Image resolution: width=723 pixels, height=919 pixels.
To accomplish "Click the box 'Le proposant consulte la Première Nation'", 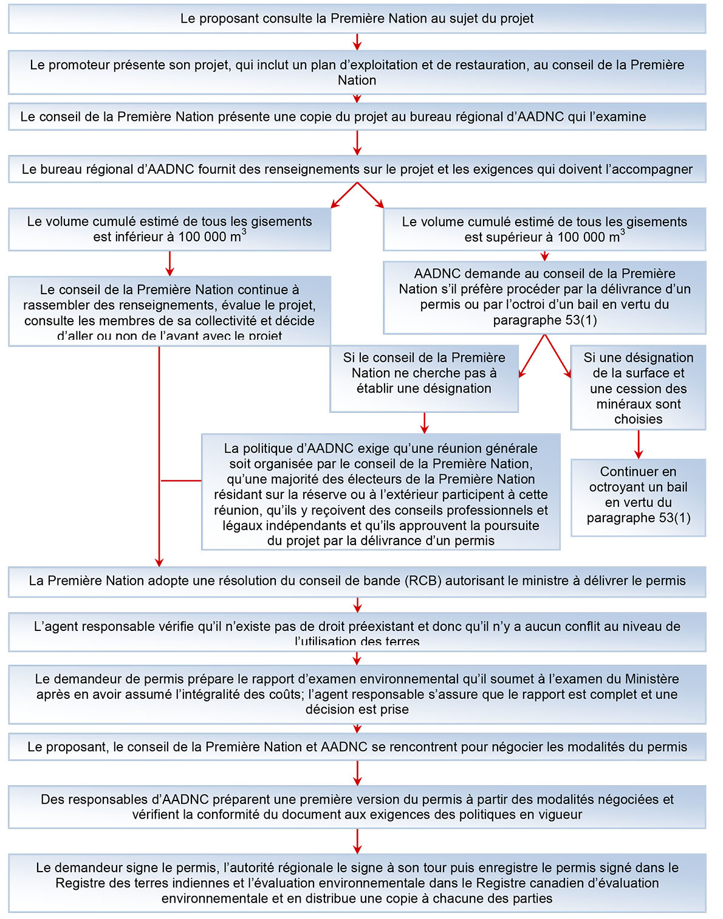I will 357,19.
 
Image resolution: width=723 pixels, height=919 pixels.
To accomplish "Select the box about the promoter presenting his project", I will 357,72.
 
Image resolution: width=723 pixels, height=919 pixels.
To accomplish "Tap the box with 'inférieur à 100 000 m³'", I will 170,229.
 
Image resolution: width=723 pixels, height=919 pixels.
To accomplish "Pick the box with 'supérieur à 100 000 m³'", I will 544,229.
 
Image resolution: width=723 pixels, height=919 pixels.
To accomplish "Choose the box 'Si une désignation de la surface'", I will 638,388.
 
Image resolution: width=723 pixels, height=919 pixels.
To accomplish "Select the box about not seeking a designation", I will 424,378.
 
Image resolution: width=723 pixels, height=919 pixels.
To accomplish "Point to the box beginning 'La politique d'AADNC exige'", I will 381,492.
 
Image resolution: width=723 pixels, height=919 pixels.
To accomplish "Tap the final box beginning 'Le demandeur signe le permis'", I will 357,883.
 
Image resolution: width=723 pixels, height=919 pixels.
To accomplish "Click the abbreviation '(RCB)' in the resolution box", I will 423,581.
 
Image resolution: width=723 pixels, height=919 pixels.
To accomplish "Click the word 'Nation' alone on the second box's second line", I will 357,80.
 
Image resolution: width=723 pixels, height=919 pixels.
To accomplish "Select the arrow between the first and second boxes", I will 357,42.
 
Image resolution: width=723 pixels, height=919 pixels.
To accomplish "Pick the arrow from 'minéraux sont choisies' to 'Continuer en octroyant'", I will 638,444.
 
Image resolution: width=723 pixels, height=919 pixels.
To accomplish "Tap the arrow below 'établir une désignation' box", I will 425,422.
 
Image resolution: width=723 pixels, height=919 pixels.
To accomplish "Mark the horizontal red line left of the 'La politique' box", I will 180,481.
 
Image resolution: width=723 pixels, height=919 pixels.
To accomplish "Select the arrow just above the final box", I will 357,841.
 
